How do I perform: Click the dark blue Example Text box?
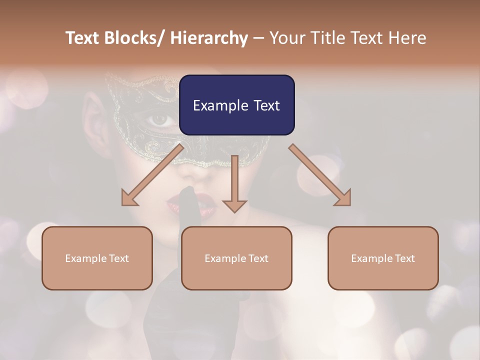point(236,105)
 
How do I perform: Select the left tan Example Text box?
point(97,258)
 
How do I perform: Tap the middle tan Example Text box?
point(236,258)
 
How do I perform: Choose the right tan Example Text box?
point(383,258)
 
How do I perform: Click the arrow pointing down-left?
point(152,175)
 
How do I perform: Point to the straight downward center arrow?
point(234,182)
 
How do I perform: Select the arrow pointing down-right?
point(320,175)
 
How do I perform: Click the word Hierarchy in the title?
point(208,38)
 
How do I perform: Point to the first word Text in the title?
point(83,38)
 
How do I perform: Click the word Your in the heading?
point(287,38)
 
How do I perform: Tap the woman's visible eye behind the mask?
point(160,119)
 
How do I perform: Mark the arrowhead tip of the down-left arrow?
point(123,204)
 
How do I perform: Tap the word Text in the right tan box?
point(404,258)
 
